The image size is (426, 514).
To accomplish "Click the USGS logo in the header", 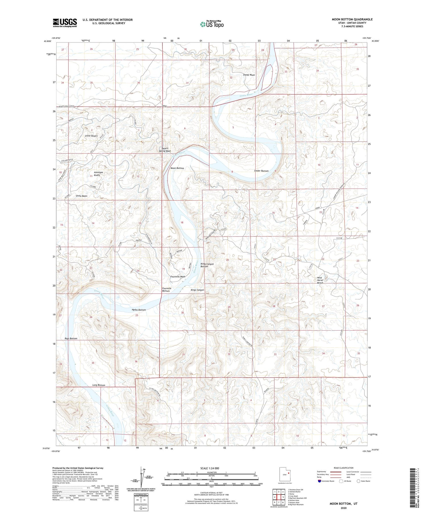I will (x=65, y=23).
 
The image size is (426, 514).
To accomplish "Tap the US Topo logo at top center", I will (x=212, y=24).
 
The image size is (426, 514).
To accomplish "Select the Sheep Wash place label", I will (x=249, y=75).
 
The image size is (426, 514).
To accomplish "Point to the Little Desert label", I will (x=91, y=136).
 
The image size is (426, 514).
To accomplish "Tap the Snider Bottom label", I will (x=261, y=171).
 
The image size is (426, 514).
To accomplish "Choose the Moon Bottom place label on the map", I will (x=177, y=168).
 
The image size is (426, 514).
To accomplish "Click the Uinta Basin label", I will (x=82, y=196).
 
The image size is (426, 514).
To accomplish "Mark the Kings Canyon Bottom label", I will (x=207, y=265).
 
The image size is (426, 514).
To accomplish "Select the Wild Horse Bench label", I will (x=320, y=280).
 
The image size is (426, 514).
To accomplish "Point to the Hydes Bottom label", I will (x=139, y=310).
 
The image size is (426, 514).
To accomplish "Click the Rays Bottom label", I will (x=71, y=339).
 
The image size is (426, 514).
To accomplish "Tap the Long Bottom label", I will (x=99, y=385).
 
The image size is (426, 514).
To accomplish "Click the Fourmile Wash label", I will (x=178, y=276).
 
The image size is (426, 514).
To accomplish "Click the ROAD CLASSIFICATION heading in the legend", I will (x=344, y=468).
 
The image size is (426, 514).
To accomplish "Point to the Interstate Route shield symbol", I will (x=320, y=481).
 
